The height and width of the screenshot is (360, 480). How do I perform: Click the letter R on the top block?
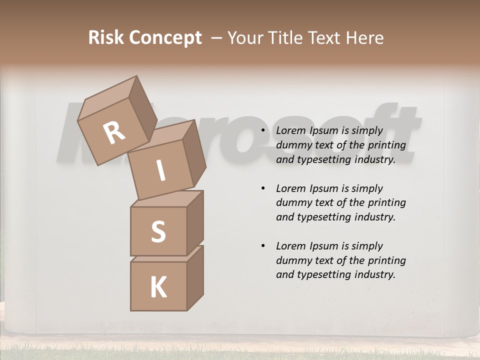tap(114, 133)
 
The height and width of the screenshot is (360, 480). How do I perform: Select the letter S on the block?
tap(158, 231)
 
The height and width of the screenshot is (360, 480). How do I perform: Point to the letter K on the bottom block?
tap(158, 287)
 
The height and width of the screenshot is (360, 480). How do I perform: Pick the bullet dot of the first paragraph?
tap(263, 130)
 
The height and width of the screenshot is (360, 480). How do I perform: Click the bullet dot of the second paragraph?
tap(263, 188)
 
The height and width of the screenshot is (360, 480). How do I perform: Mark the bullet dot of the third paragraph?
tap(263, 246)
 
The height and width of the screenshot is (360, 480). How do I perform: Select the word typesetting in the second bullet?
tap(322, 217)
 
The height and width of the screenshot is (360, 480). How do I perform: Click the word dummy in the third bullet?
tap(292, 260)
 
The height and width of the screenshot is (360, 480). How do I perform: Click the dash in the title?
tap(217, 38)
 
